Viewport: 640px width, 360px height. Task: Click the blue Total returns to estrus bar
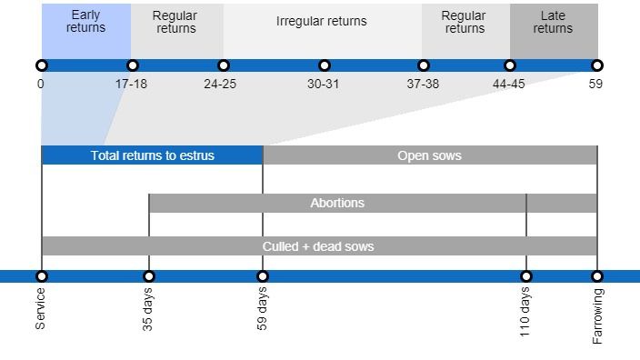[152, 155]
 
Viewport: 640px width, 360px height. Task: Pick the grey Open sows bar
[429, 155]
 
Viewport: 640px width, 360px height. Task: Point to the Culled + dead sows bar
[318, 246]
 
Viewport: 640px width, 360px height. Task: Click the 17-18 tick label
[132, 84]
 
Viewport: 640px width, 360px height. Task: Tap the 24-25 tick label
[221, 84]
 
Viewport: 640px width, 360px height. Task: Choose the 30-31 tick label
[324, 84]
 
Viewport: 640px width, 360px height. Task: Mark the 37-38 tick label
[423, 84]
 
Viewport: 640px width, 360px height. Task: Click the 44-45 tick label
[509, 84]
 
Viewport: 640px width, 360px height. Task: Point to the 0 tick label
[41, 84]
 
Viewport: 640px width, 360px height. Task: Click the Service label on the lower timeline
[41, 308]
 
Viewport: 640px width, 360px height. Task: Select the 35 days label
[148, 310]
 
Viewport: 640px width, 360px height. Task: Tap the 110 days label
[525, 313]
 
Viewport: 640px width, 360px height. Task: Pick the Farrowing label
[597, 315]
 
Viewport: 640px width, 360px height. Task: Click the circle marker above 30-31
[325, 65]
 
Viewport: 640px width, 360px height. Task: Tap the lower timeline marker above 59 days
[263, 276]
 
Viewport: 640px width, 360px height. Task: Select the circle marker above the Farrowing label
[597, 276]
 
